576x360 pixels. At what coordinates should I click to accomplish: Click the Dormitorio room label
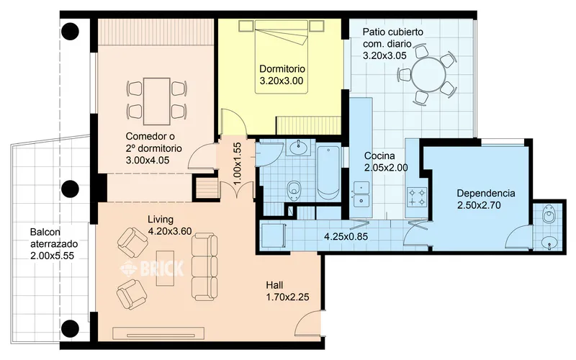282,68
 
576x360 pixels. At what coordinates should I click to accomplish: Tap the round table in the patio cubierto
428,74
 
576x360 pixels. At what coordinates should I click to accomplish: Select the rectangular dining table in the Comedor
157,102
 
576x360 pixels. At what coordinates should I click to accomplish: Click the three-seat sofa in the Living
204,266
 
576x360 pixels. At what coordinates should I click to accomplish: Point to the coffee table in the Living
165,268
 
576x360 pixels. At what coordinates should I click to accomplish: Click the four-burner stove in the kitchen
418,197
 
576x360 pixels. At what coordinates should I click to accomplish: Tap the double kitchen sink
361,194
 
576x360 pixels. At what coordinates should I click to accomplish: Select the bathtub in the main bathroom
328,174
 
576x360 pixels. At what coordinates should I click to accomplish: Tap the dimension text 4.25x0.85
346,237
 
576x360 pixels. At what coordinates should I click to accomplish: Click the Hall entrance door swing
308,323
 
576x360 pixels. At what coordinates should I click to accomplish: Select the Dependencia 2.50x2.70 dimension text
479,205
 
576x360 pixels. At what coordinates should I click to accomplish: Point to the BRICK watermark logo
152,268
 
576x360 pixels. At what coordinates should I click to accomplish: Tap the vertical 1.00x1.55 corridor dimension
237,163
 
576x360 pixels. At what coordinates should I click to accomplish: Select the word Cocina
379,156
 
